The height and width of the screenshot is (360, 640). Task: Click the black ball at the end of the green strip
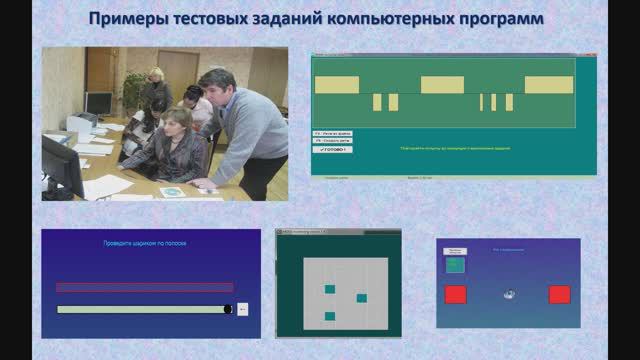(229, 309)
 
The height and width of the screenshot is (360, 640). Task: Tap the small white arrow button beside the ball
(242, 309)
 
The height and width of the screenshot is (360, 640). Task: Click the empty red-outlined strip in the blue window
(145, 287)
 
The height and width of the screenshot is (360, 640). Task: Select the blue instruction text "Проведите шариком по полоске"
(146, 243)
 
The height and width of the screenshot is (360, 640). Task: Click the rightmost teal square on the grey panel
(362, 298)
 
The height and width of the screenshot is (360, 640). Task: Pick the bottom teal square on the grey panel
(330, 316)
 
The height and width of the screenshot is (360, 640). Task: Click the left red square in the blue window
(455, 294)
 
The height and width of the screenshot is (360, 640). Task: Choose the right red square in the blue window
(559, 294)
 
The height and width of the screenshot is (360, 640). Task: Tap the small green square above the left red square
(455, 265)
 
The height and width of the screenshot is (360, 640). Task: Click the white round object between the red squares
(508, 294)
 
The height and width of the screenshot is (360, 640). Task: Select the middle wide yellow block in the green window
(443, 85)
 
